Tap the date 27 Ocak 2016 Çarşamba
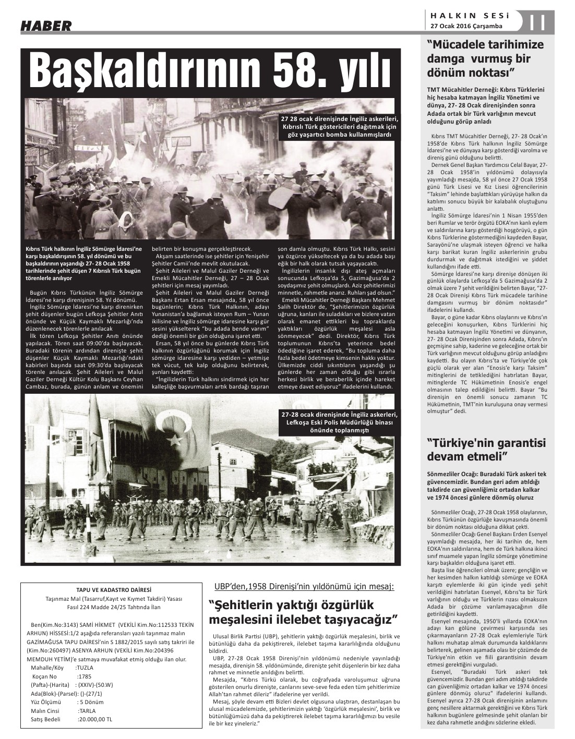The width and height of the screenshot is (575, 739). pos(466,26)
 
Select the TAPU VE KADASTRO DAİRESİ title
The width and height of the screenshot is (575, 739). pos(109,590)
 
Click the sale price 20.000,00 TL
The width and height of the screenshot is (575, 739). pos(95,719)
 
